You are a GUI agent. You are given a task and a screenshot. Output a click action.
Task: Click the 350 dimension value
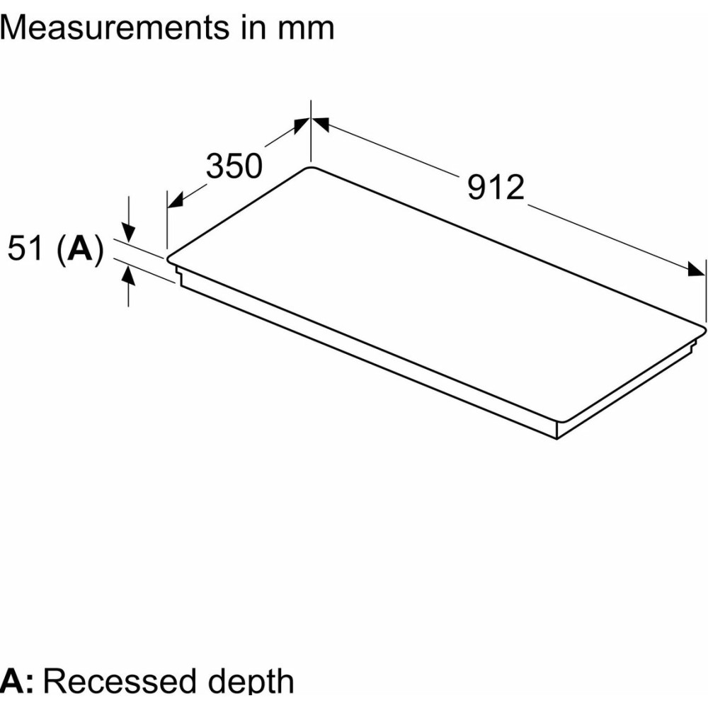(234, 166)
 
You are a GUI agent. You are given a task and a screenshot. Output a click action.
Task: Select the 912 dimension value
(496, 187)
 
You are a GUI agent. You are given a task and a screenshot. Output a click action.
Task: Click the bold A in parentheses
(79, 249)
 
